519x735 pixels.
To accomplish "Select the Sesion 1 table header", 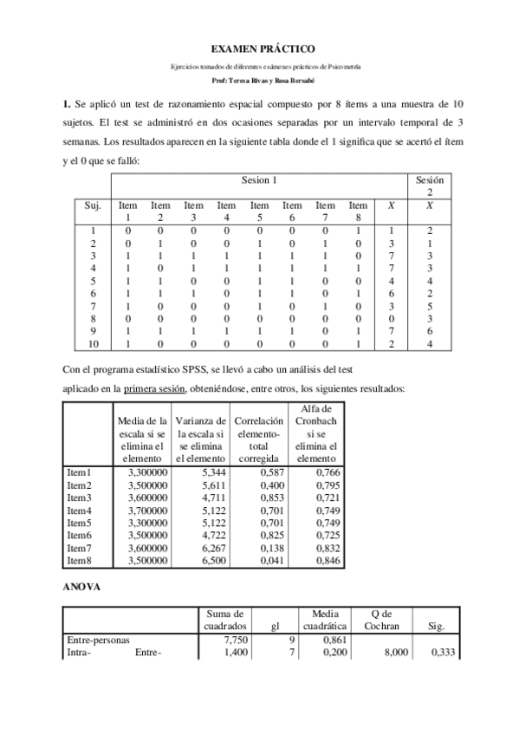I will click(x=260, y=180).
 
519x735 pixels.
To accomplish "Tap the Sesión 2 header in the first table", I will click(x=430, y=186).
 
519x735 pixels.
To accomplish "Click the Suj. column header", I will click(x=93, y=205).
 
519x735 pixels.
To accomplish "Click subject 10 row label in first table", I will click(x=93, y=344).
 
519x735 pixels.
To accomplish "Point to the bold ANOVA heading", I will click(x=82, y=587).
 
